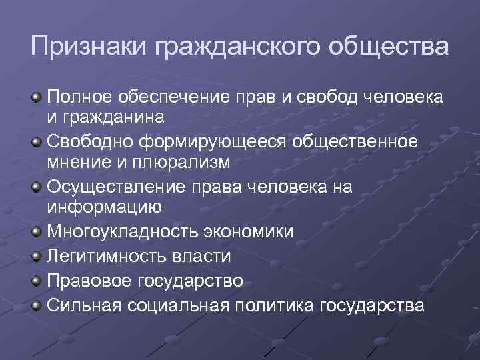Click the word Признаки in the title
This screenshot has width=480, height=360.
(x=88, y=48)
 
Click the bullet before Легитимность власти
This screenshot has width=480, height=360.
(x=36, y=255)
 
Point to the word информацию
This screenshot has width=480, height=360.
(x=103, y=207)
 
